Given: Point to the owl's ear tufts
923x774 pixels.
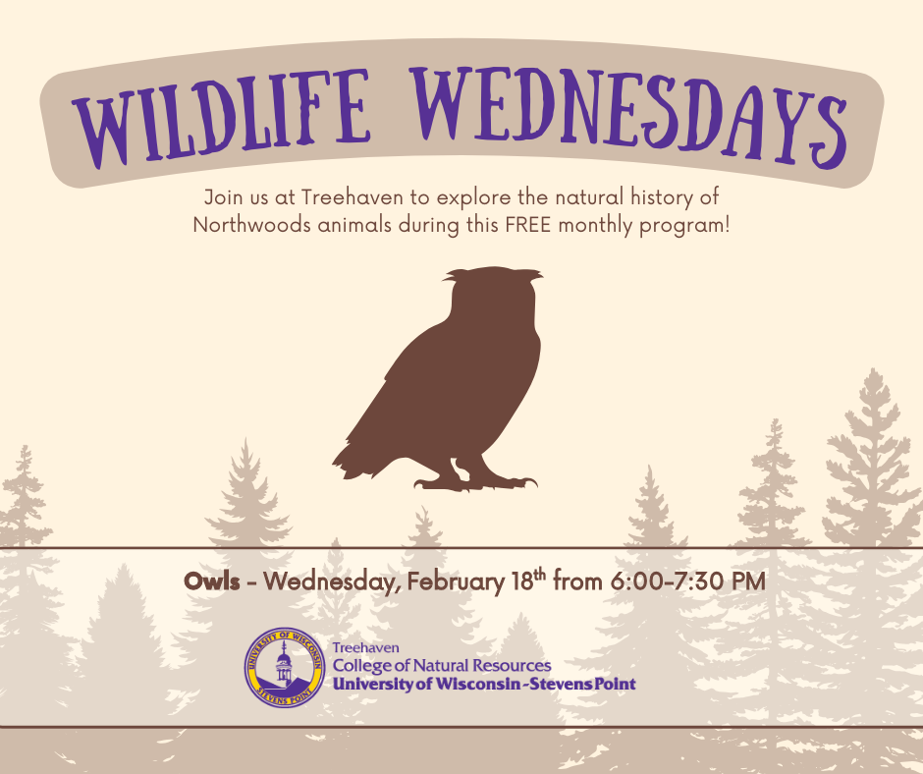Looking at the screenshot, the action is point(493,274).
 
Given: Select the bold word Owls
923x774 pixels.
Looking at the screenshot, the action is point(212,581).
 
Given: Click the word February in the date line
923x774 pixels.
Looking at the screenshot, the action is point(457,581).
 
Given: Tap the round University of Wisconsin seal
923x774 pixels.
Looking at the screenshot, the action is point(285,667).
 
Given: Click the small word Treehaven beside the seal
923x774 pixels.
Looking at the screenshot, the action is point(365,647).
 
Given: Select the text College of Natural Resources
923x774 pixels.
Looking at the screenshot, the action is point(442,666).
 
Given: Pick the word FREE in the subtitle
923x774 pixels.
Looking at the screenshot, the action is point(528,225).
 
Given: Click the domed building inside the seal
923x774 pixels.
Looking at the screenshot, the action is point(285,666).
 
